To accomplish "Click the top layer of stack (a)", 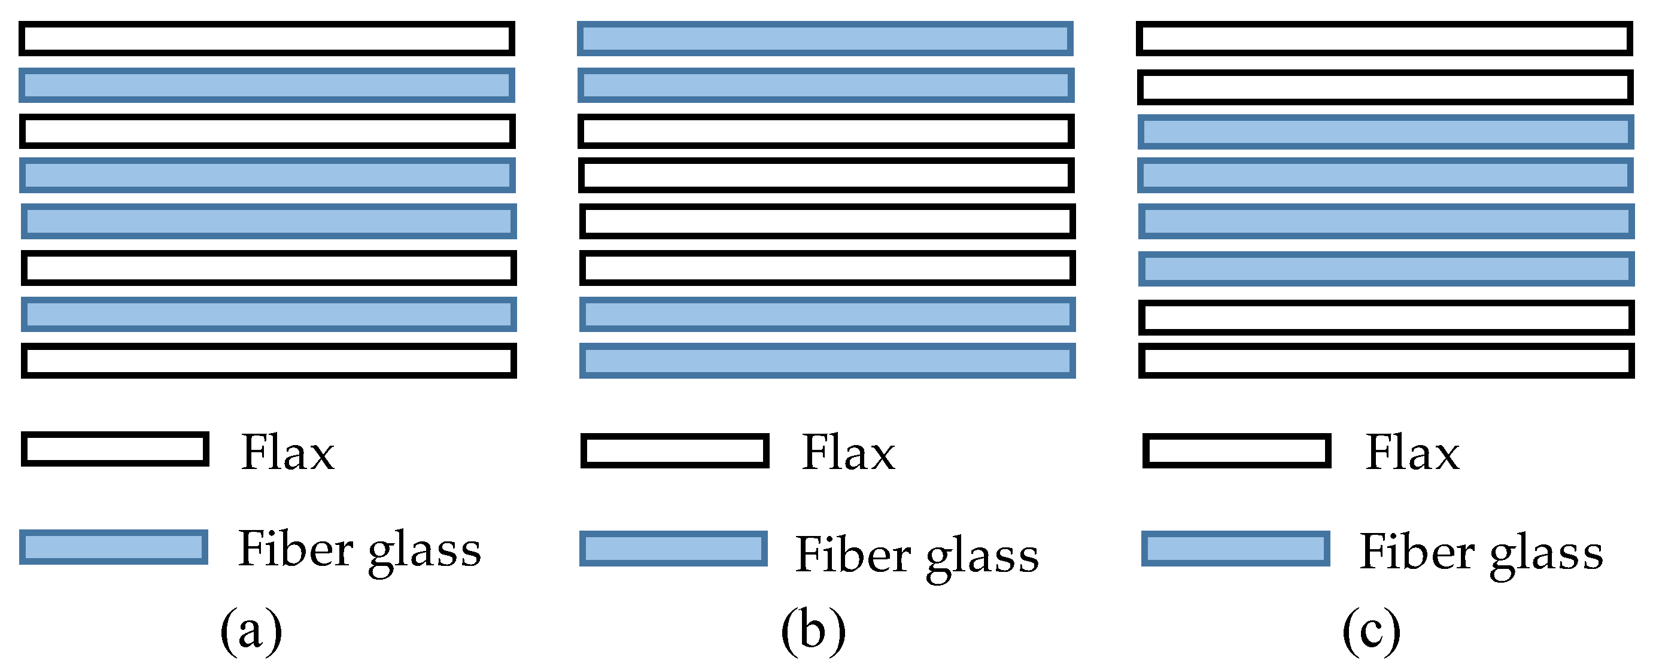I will tap(266, 38).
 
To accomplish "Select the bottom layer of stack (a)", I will tap(268, 360).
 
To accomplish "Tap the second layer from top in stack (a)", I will tap(266, 84).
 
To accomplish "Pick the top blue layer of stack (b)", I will tap(825, 38).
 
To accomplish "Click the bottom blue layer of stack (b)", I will tap(827, 360).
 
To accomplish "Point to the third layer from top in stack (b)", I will tap(826, 131).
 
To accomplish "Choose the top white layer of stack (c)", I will tap(1384, 38).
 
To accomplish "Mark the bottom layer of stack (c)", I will tap(1386, 360).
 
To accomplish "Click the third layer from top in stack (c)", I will tap(1385, 132).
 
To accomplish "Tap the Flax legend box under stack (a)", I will tap(115, 449).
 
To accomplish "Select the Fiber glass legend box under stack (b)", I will tap(673, 548).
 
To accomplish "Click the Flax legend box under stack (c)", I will tap(1236, 450).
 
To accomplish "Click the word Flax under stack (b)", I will tap(847, 452).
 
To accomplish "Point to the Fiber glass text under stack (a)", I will tap(359, 550).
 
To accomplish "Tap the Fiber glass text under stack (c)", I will tap(1481, 552).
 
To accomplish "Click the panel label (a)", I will tap(251, 632).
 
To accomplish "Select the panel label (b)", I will tap(813, 632).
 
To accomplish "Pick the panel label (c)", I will tap(1371, 632).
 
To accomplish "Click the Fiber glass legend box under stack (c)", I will tap(1235, 548).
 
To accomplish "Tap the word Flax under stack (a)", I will tap(287, 452).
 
